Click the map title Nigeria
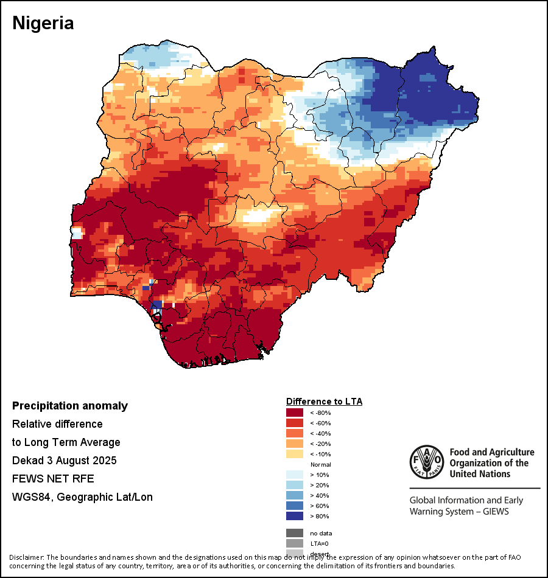tap(43, 23)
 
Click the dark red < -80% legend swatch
tap(295, 413)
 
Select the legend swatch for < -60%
tap(295, 423)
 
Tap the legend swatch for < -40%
tap(295, 433)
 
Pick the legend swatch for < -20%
tap(295, 444)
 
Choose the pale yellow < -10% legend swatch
tap(295, 454)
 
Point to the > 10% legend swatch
tap(295, 475)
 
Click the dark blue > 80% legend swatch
tap(295, 516)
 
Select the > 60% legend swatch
tap(295, 506)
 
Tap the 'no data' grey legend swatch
tap(295, 533)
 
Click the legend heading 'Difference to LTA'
tap(324, 402)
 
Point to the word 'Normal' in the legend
tap(320, 464)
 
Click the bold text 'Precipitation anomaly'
tap(70, 406)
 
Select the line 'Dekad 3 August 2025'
tap(65, 461)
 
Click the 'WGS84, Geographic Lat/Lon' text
tap(82, 497)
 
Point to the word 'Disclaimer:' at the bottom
tap(26, 557)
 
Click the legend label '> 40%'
tap(320, 495)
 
